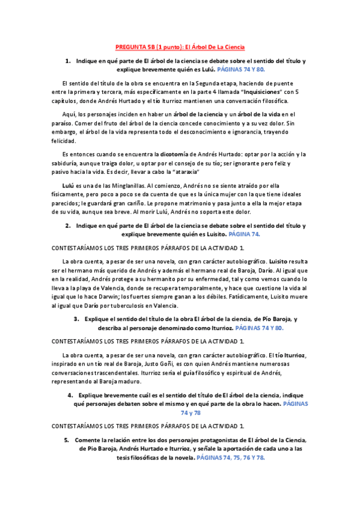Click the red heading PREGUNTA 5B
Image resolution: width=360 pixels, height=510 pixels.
point(180,47)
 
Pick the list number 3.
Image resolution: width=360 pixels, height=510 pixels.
point(76,319)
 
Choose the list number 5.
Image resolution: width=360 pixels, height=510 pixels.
point(67,441)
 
